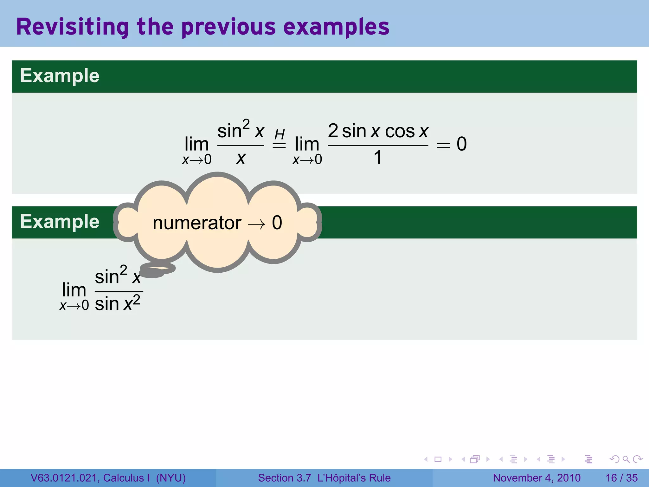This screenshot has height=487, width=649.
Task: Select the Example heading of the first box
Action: pyautogui.click(x=60, y=76)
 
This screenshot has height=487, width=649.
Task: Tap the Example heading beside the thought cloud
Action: pyautogui.click(x=60, y=221)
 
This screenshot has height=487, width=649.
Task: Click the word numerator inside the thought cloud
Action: pyautogui.click(x=197, y=223)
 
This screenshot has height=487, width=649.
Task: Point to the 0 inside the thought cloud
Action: pyautogui.click(x=277, y=223)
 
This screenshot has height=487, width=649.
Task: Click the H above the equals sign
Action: pyautogui.click(x=280, y=134)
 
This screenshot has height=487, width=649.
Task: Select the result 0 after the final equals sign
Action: pyautogui.click(x=461, y=144)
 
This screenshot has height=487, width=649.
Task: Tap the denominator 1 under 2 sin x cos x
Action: pyautogui.click(x=377, y=158)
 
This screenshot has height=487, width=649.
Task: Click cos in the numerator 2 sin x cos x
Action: pyautogui.click(x=400, y=131)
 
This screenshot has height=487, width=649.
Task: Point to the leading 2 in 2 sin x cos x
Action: pyautogui.click(x=333, y=131)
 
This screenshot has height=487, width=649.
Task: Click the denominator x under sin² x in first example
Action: pyautogui.click(x=241, y=158)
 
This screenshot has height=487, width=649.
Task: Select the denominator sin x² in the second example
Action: pyautogui.click(x=117, y=303)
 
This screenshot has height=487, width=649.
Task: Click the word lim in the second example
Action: pyautogui.click(x=74, y=290)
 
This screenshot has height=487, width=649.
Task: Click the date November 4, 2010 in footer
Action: pyautogui.click(x=537, y=478)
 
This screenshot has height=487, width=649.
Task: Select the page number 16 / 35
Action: pyautogui.click(x=621, y=478)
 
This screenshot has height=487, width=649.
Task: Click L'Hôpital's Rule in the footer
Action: pyautogui.click(x=354, y=478)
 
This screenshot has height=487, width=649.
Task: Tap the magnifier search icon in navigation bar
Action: pyautogui.click(x=626, y=459)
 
